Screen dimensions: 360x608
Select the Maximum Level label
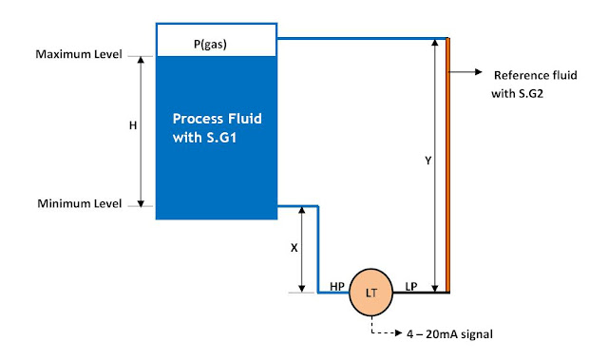[x=79, y=54]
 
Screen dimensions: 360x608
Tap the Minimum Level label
[x=79, y=204]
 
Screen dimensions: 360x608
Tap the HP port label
[x=336, y=285]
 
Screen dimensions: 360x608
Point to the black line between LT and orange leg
[x=418, y=294]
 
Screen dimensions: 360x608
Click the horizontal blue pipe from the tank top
[x=361, y=39]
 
